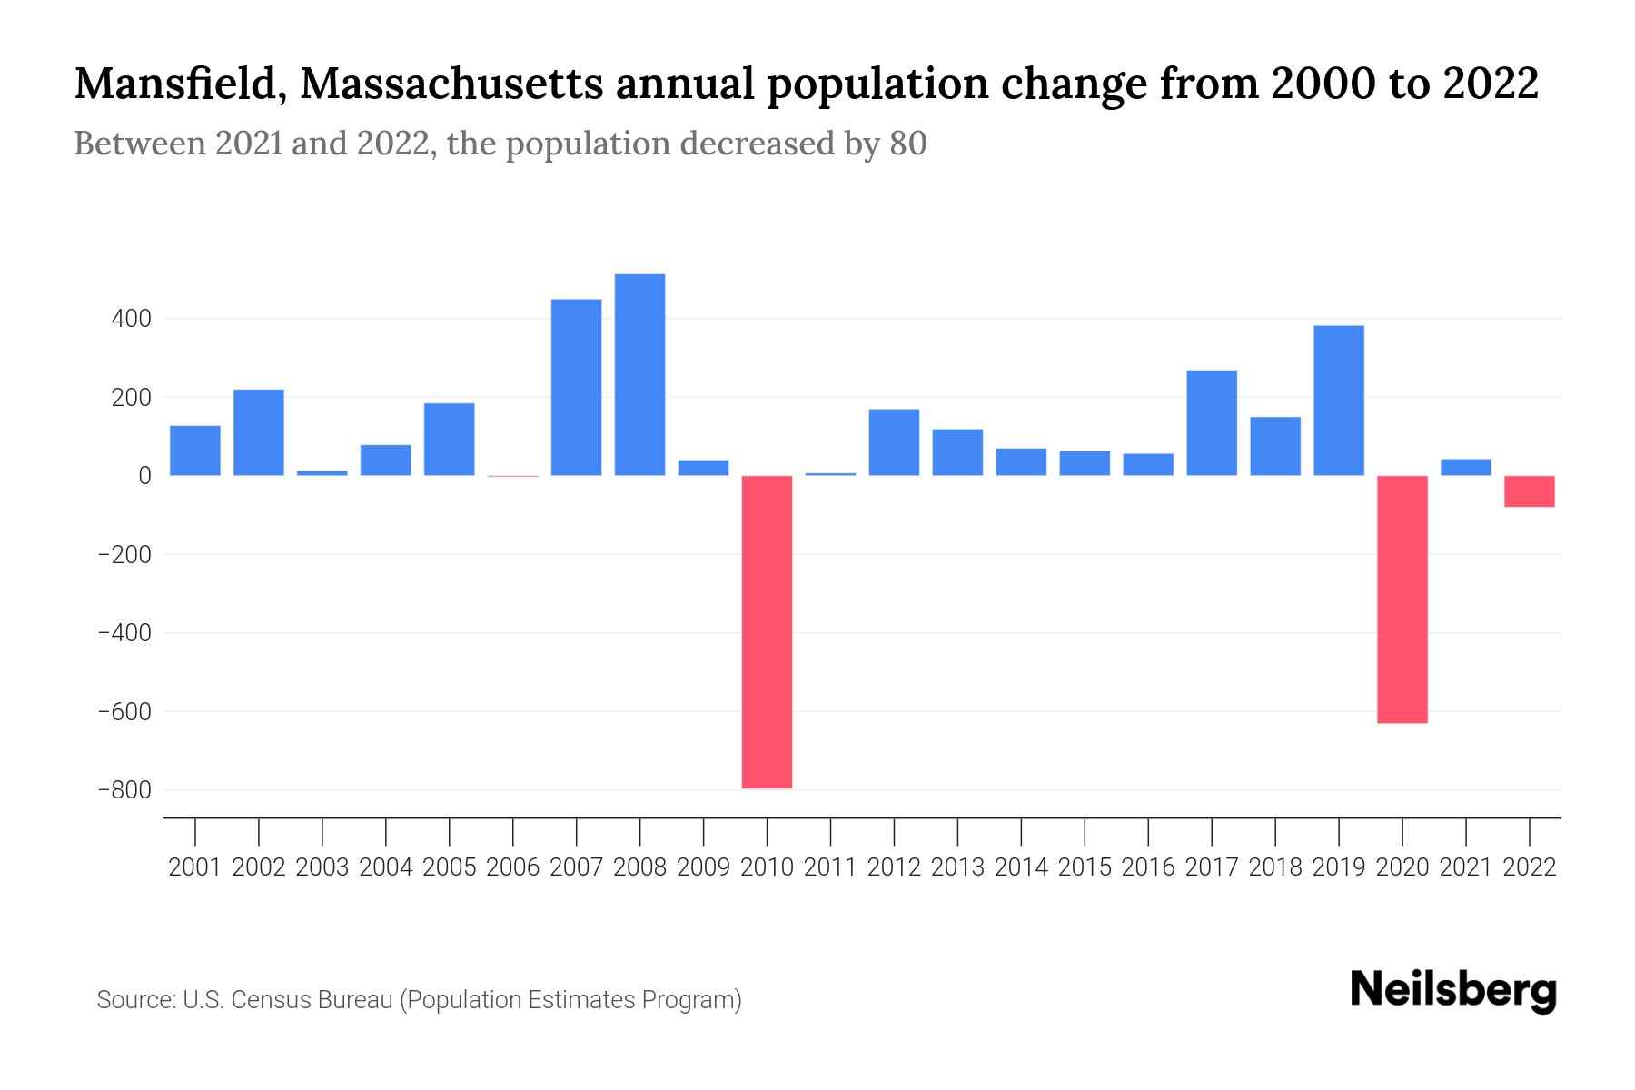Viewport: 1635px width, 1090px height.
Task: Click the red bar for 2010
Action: (x=767, y=631)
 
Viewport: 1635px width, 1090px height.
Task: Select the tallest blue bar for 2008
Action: (x=639, y=374)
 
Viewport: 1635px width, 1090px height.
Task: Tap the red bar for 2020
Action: (x=1402, y=599)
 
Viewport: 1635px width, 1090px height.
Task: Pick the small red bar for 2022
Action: (x=1529, y=491)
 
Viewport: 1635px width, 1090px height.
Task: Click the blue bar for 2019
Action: (x=1338, y=401)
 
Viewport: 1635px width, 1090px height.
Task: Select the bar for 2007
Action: (x=576, y=387)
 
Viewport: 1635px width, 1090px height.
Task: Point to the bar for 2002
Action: (x=259, y=432)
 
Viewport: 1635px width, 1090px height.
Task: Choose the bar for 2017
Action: (x=1211, y=422)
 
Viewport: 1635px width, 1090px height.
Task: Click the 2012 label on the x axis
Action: (x=894, y=867)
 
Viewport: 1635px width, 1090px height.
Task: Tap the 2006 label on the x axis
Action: (x=513, y=867)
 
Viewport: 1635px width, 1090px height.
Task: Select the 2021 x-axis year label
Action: (x=1465, y=867)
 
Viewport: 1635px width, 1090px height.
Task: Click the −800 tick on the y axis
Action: (x=124, y=790)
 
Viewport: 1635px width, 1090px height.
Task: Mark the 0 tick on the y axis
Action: (x=144, y=476)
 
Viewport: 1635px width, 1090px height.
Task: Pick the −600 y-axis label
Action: (x=124, y=711)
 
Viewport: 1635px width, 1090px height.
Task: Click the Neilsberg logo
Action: (x=1453, y=990)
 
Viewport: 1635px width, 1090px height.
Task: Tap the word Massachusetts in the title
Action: (x=451, y=84)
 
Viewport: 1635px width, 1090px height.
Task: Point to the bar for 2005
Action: (x=449, y=439)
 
